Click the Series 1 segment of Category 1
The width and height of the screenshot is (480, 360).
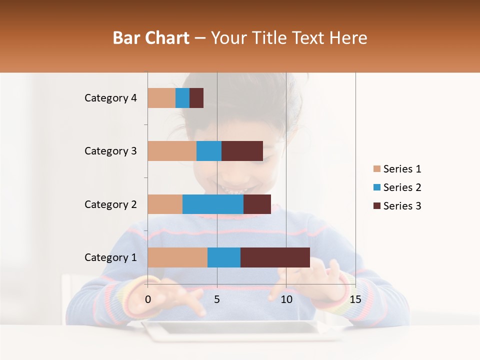177,257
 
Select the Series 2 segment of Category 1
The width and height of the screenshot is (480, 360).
224,257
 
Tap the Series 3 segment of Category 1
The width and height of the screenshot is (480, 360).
275,257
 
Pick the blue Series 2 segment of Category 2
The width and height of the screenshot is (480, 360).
213,204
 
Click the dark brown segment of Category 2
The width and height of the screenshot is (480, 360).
257,204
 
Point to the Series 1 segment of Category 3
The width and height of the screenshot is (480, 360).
172,151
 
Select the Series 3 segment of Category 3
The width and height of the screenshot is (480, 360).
242,151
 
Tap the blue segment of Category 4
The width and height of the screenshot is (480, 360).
182,98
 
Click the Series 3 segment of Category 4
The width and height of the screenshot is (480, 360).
196,98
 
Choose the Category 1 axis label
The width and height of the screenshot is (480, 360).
110,257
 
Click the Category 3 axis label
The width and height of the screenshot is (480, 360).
110,151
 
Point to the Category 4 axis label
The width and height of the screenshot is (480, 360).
110,98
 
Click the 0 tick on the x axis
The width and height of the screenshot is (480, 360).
148,299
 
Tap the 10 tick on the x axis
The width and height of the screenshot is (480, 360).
286,299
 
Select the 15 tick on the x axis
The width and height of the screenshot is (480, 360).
355,299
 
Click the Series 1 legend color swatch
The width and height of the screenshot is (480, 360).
377,169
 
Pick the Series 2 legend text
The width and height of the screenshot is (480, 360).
402,187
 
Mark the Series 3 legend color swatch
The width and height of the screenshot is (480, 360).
377,206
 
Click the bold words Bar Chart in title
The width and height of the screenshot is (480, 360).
151,38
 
